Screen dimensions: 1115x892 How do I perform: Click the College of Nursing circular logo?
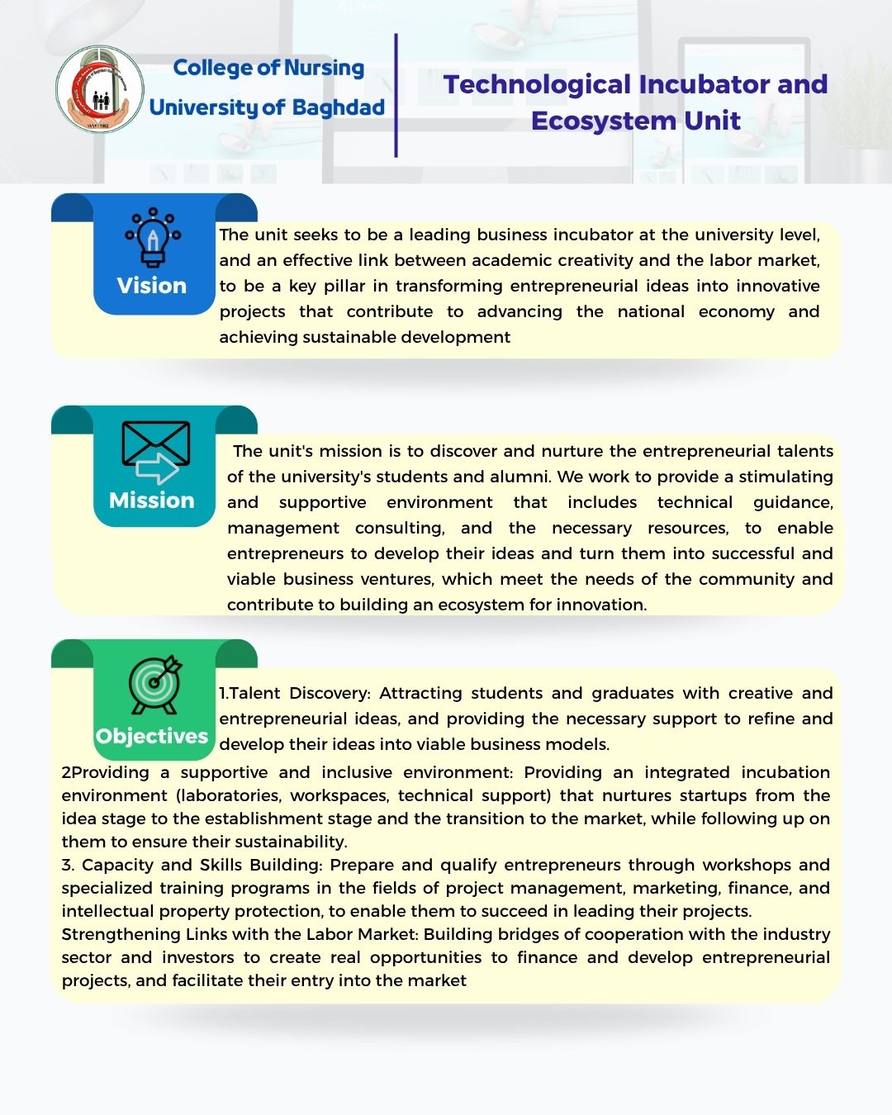pos(100,90)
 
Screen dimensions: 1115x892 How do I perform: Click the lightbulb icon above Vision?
pos(153,237)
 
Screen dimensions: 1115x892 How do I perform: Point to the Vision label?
pos(152,286)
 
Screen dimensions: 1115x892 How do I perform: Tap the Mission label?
pos(152,501)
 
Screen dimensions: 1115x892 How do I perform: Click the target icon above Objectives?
pos(154,685)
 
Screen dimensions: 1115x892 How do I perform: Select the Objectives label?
pos(152,736)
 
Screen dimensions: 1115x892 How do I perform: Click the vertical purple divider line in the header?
pos(396,95)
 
